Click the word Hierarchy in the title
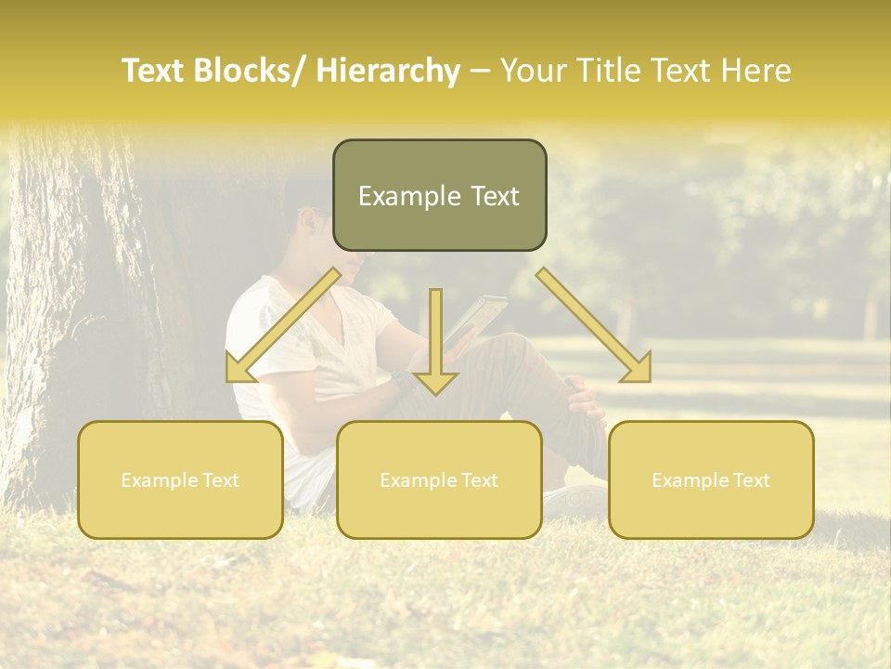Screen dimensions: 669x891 387,72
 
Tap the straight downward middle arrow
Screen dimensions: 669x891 435,344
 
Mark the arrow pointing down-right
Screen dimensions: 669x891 594,325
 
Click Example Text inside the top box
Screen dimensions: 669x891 439,196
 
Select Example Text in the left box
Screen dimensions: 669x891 180,480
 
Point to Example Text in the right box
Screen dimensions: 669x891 711,480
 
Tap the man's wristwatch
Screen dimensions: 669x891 401,380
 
